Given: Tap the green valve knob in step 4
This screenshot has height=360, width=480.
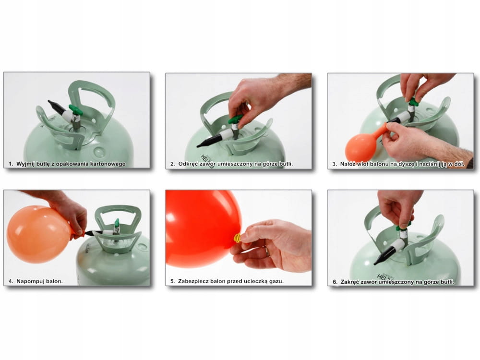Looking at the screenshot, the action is tap(117, 223).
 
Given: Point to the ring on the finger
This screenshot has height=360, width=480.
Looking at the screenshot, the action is tap(267, 252).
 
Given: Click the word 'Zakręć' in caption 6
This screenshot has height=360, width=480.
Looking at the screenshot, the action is tap(350, 282).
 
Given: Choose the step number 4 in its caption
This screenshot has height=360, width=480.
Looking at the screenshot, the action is tap(11, 281).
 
